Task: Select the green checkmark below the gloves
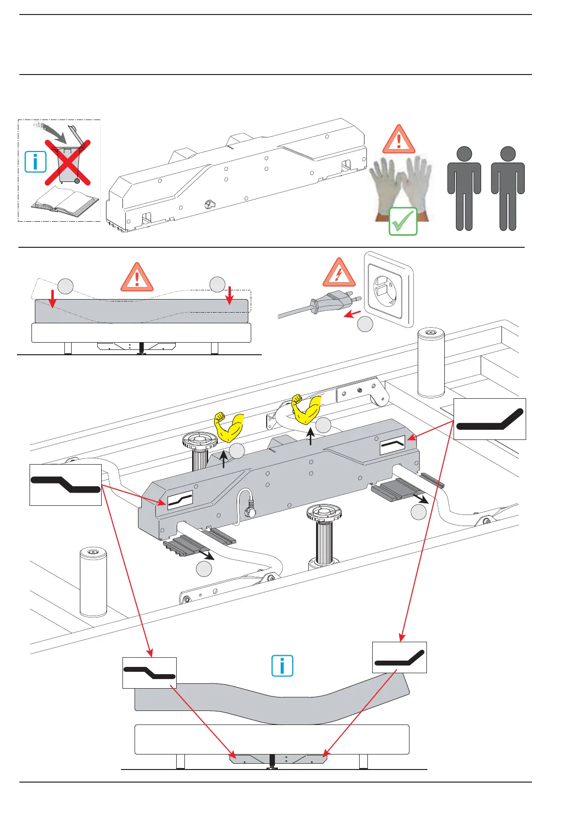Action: pyautogui.click(x=403, y=222)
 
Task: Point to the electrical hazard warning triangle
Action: pyautogui.click(x=339, y=273)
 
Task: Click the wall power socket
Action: pyautogui.click(x=388, y=289)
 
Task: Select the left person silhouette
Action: pyautogui.click(x=464, y=189)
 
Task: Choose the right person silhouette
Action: pyautogui.click(x=508, y=189)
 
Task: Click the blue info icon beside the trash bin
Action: pyautogui.click(x=36, y=162)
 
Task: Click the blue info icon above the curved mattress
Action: pyautogui.click(x=282, y=666)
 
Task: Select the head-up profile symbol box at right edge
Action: pyautogui.click(x=489, y=419)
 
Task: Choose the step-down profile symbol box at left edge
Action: pyautogui.click(x=65, y=485)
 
